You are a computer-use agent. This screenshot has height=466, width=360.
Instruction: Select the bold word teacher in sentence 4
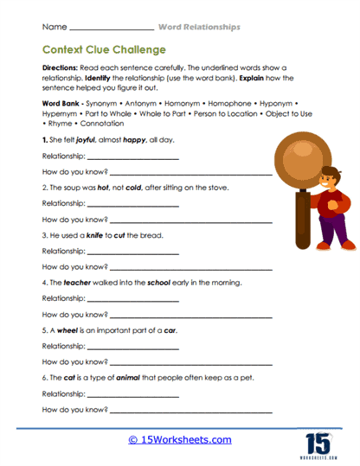79,282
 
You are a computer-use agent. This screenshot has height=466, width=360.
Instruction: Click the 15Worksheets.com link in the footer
179,439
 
